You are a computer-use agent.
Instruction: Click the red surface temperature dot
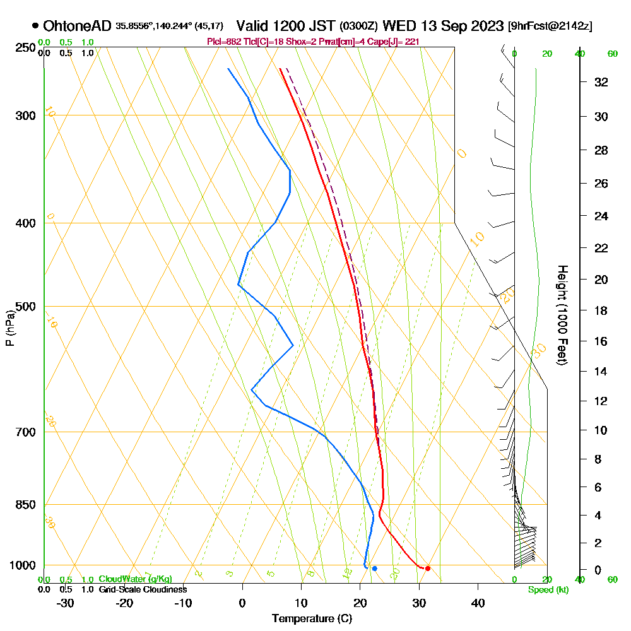(428, 569)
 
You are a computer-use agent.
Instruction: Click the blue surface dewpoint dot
(374, 569)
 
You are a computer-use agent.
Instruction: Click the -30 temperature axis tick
(66, 603)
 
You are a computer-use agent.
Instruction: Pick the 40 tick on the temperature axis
(478, 603)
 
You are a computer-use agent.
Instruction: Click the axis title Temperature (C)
(312, 619)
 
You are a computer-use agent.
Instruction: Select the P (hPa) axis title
(9, 328)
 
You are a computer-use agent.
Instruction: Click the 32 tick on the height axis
(601, 82)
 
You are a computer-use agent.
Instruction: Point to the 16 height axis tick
(601, 341)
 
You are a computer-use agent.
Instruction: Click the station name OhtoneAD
(78, 27)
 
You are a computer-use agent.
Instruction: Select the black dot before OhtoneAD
(35, 27)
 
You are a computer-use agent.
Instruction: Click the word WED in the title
(399, 27)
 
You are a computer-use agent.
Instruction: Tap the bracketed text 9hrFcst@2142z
(550, 27)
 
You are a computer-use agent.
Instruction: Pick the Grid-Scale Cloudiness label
(143, 589)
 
